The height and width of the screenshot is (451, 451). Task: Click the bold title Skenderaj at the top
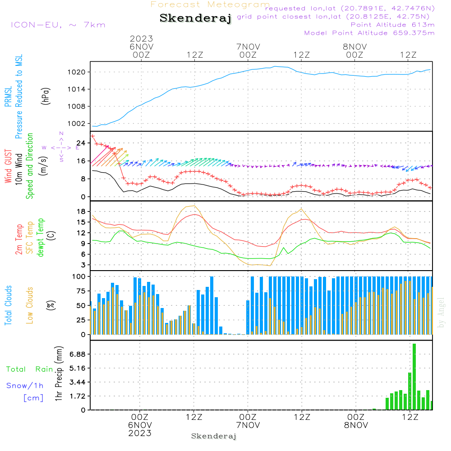195,18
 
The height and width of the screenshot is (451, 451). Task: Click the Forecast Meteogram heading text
210,5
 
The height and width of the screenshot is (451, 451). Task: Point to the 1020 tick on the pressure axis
76,72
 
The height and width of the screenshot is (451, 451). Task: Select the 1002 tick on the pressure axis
76,123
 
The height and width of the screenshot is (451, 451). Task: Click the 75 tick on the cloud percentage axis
79,291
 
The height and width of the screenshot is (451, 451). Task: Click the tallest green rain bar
414,377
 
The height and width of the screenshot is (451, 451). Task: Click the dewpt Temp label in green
41,238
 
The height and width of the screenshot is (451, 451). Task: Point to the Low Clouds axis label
30,305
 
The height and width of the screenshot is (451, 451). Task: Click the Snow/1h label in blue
25,386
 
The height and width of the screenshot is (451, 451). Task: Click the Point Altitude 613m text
392,25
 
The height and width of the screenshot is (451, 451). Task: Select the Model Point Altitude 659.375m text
369,33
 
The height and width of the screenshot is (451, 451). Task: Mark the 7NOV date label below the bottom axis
248,425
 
